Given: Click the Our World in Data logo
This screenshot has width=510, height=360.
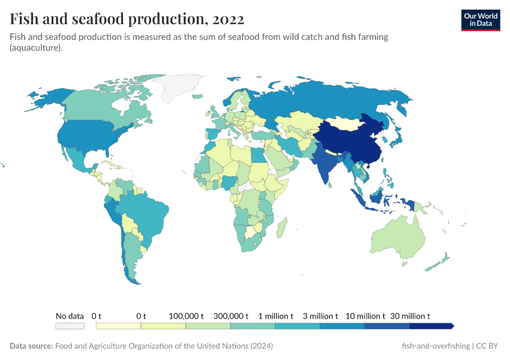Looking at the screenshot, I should [x=480, y=20].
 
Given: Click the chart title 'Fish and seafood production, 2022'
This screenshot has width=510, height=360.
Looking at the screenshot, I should [x=127, y=19].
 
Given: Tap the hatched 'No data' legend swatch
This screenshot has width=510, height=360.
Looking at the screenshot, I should [x=70, y=326].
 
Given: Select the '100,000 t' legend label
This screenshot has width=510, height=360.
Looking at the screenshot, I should [x=185, y=316].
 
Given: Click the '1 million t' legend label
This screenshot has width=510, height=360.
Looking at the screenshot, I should [x=275, y=316].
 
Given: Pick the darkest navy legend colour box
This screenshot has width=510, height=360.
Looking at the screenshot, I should [x=431, y=326].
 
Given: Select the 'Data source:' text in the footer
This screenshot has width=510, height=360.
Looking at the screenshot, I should [x=31, y=346].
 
